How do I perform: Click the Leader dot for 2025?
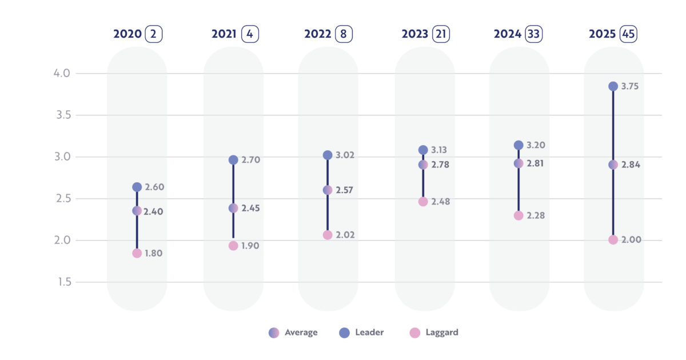click(x=613, y=86)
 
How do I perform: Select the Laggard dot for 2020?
click(x=137, y=253)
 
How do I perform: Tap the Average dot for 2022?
click(x=328, y=190)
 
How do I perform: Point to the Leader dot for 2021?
click(x=233, y=160)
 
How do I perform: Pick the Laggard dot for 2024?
click(x=519, y=215)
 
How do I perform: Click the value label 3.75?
click(x=630, y=87)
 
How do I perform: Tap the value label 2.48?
click(x=441, y=202)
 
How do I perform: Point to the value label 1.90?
click(x=250, y=246)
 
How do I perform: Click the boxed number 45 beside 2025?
click(x=628, y=34)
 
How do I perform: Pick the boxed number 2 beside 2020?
click(x=153, y=34)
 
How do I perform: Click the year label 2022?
click(x=318, y=34)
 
